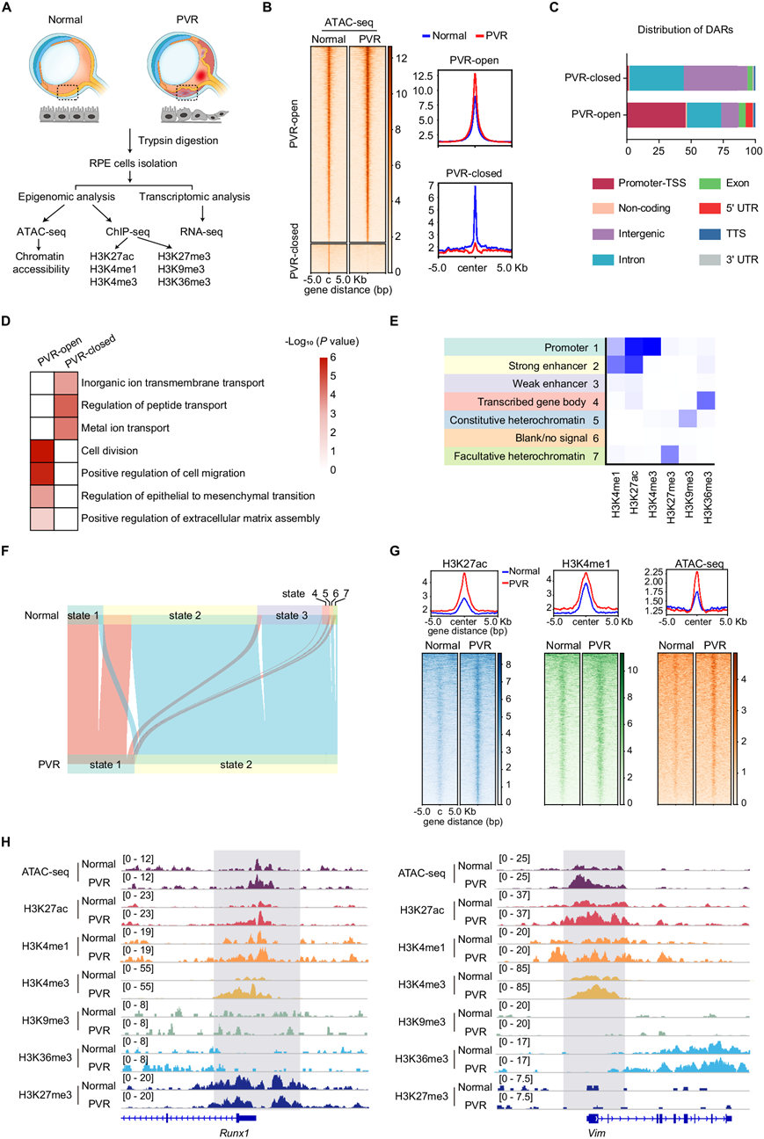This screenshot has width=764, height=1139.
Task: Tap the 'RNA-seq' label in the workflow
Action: point(204,234)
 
